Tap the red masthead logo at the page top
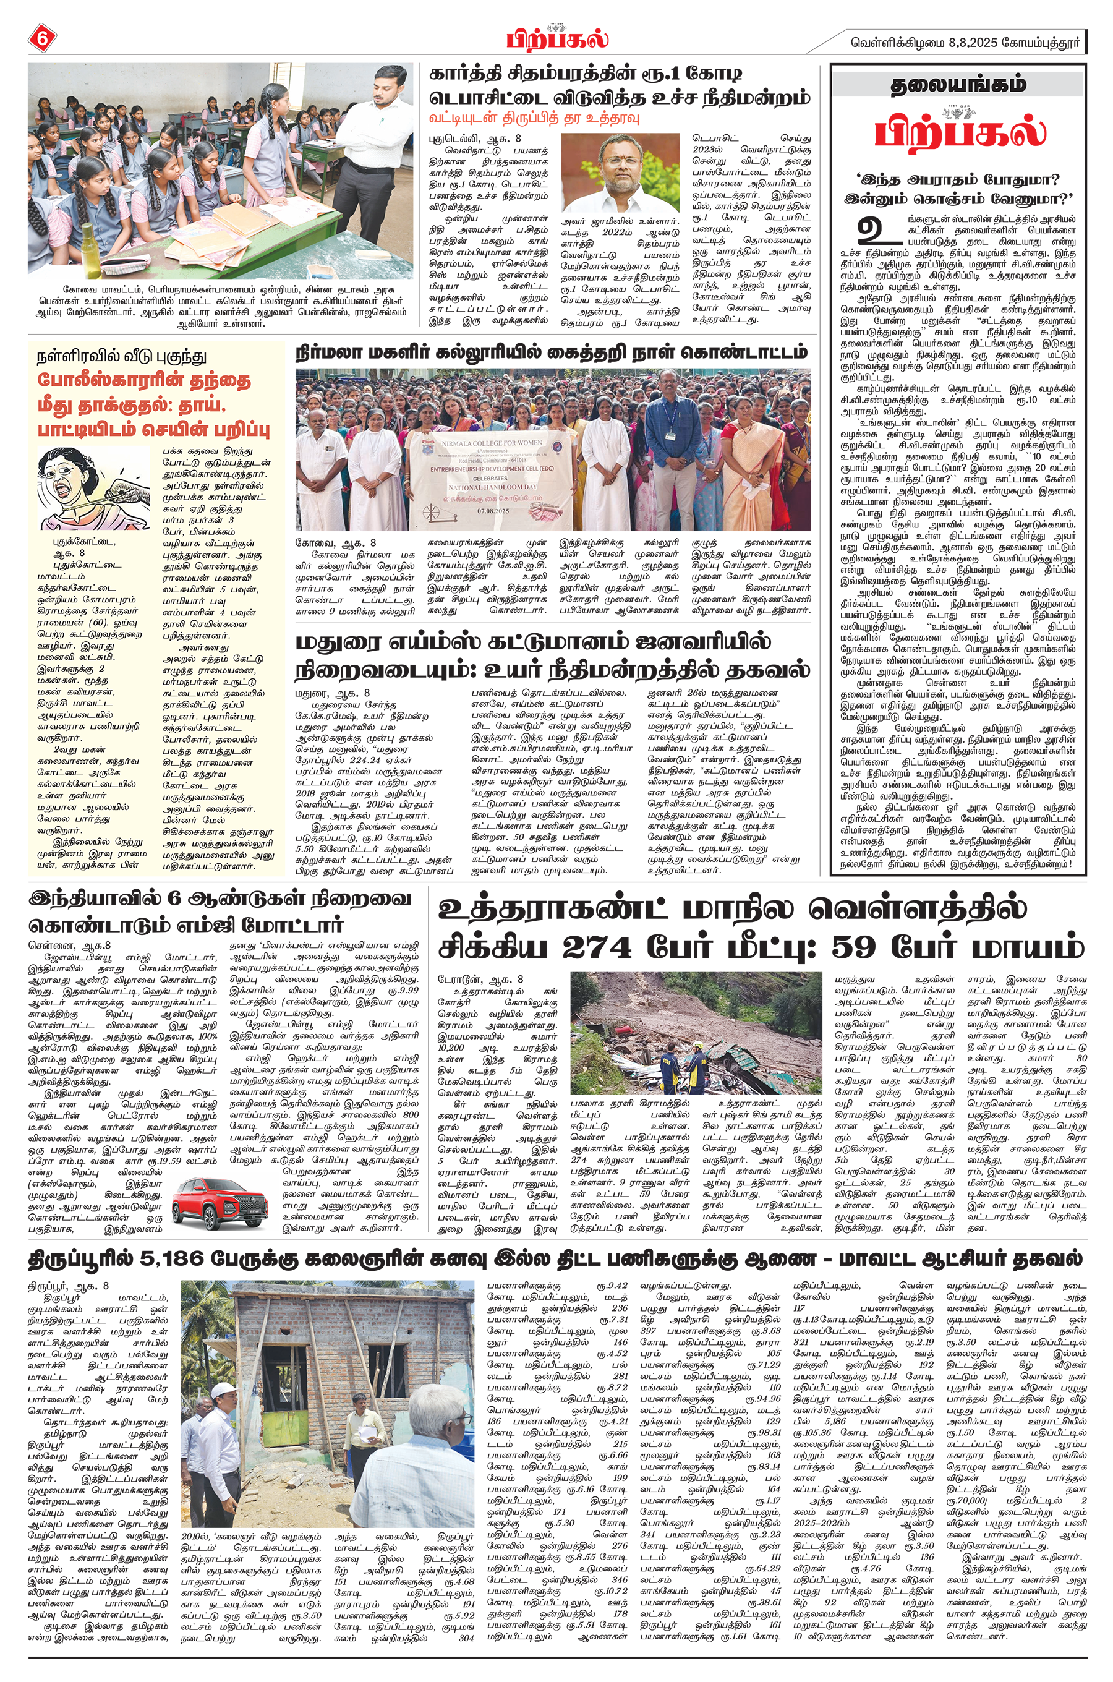(x=557, y=38)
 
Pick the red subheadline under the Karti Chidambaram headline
(x=534, y=116)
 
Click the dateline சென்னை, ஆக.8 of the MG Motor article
(x=69, y=946)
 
